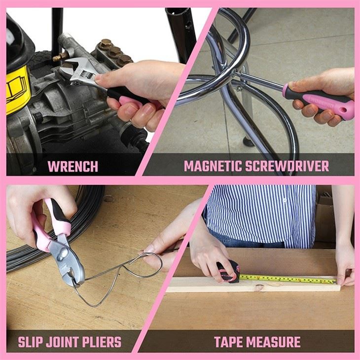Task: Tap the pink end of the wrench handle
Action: (129, 105)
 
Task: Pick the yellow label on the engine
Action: (17, 89)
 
